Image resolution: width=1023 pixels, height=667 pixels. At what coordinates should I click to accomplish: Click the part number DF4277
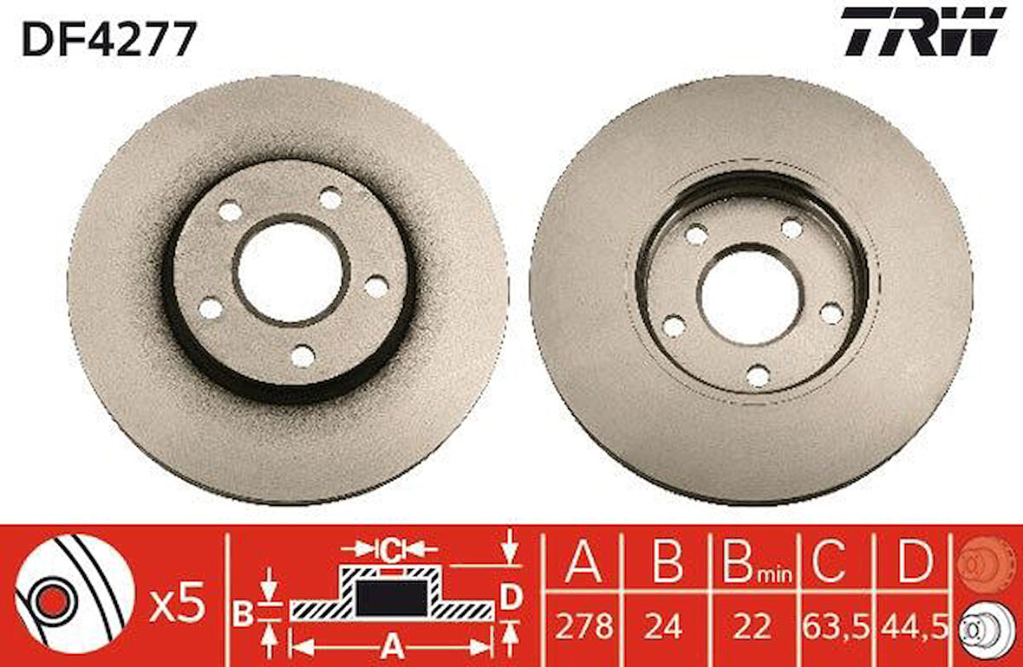coord(109,39)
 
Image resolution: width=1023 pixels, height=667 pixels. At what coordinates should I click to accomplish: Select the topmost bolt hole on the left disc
coord(330,199)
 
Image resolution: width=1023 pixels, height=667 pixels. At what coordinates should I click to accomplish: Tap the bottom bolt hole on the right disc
coord(758,376)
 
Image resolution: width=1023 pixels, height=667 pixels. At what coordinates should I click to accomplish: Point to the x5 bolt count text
coord(177,603)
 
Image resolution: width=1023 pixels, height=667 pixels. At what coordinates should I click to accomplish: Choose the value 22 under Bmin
coord(751,625)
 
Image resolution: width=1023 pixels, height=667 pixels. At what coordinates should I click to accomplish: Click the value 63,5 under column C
coord(834,625)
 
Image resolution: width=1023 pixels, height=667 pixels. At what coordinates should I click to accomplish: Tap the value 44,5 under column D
coord(913,625)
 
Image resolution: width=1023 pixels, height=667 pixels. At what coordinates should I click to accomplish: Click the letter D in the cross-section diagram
coord(511,596)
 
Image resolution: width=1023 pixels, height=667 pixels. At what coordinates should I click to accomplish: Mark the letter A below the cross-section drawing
coord(392,645)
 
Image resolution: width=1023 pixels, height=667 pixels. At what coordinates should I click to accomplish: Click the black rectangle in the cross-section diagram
coord(392,597)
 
